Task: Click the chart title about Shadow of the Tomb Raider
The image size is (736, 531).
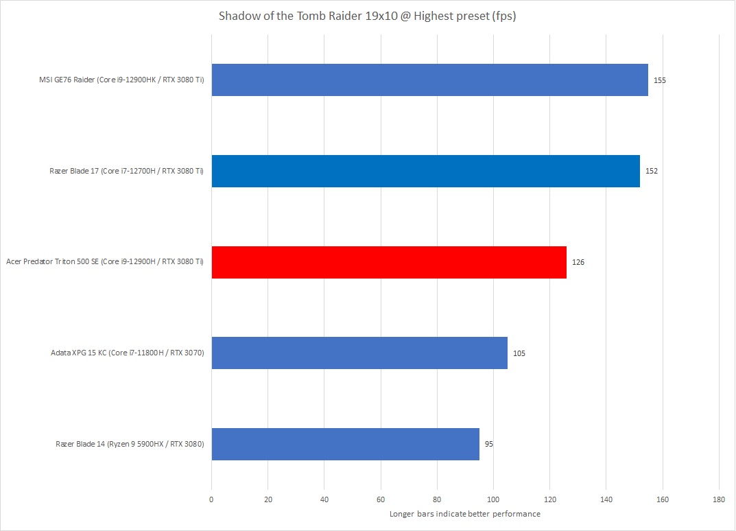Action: pos(367,16)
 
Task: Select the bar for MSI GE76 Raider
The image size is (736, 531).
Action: pos(429,80)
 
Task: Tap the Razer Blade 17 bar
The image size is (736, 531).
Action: pos(425,171)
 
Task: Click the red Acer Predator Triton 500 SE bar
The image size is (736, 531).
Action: pos(389,262)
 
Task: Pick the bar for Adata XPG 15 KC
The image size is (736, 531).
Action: pos(359,353)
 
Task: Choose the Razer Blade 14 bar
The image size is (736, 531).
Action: pos(345,444)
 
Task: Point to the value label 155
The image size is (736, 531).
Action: pos(660,80)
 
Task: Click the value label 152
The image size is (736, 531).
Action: pos(652,171)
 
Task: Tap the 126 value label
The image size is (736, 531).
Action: pos(578,262)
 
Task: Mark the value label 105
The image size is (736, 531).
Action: pos(519,353)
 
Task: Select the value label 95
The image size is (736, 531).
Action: pos(489,444)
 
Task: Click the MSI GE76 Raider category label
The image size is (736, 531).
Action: pos(121,80)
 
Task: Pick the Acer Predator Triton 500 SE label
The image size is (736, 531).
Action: pos(105,262)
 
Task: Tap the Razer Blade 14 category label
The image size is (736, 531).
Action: pos(130,444)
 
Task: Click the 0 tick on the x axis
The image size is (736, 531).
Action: pos(211,499)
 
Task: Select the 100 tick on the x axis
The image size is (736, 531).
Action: pos(493,499)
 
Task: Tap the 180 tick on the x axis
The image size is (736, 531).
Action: pos(719,499)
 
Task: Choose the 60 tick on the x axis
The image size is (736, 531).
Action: pos(381,499)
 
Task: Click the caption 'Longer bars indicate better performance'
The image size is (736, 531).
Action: pos(464,514)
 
